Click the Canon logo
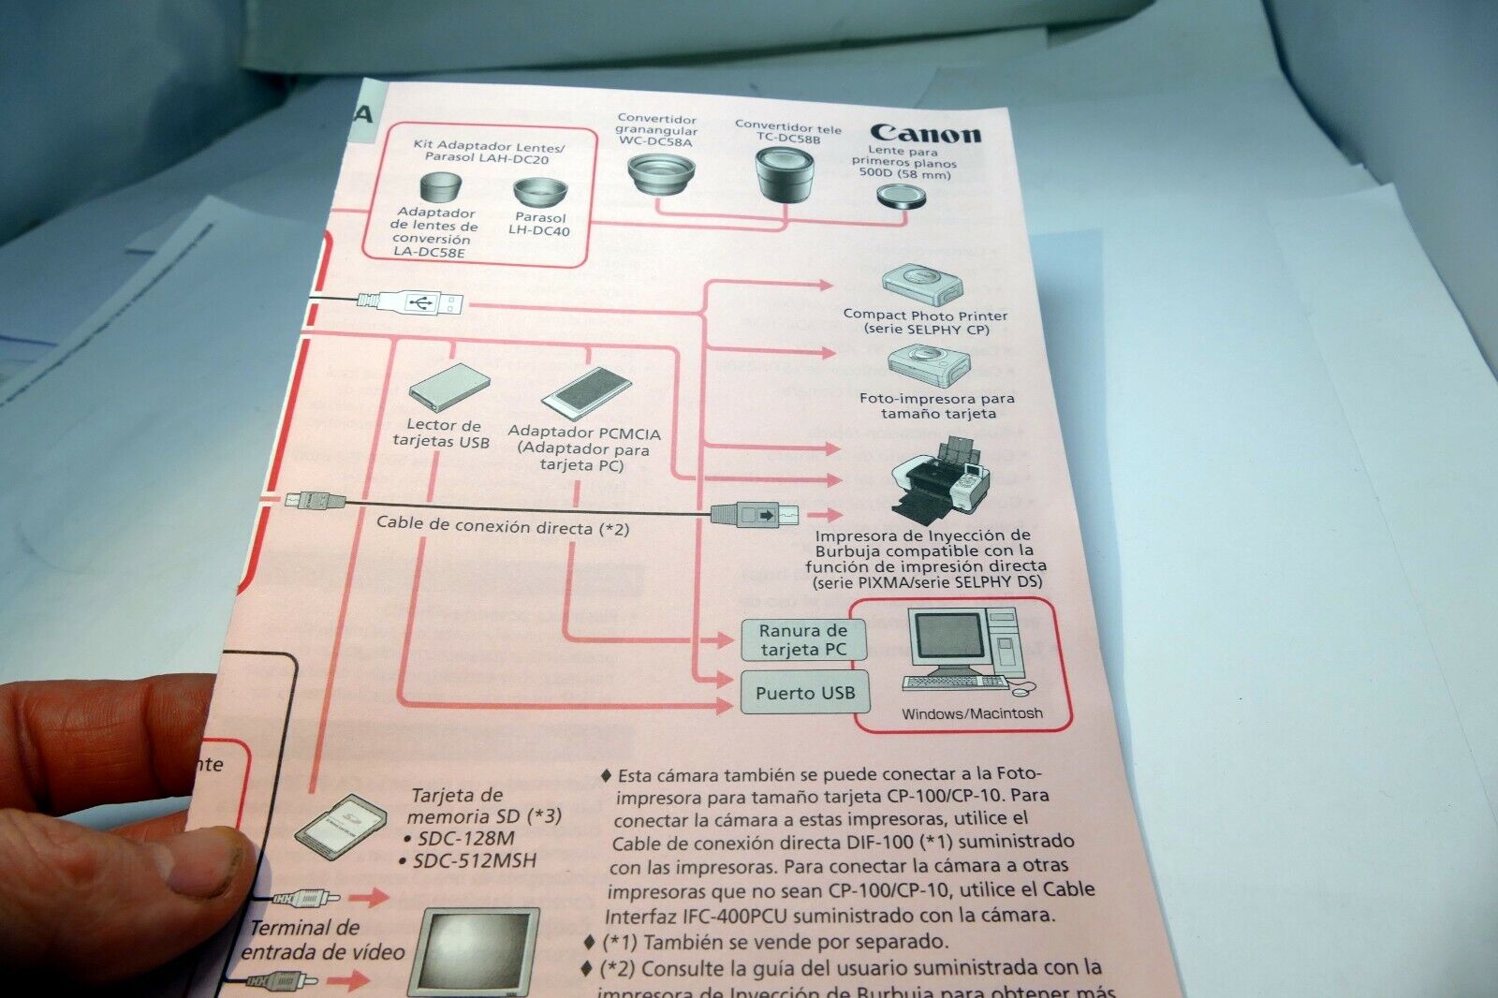[925, 134]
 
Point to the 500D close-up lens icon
[902, 197]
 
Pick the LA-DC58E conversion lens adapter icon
[435, 187]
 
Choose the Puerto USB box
[804, 693]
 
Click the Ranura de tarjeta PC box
[802, 640]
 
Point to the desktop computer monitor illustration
[947, 641]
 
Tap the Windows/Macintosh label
[971, 713]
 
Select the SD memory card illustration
[340, 826]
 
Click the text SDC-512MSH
[476, 859]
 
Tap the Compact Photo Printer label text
[924, 316]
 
